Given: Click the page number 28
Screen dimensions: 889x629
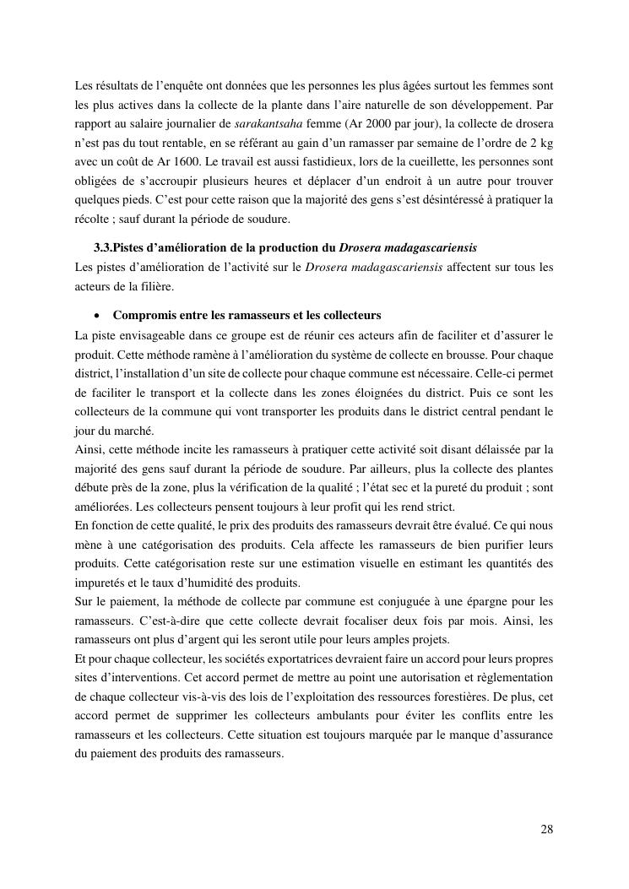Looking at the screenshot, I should (547, 828).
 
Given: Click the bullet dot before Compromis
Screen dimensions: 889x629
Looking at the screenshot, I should (100, 316).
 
